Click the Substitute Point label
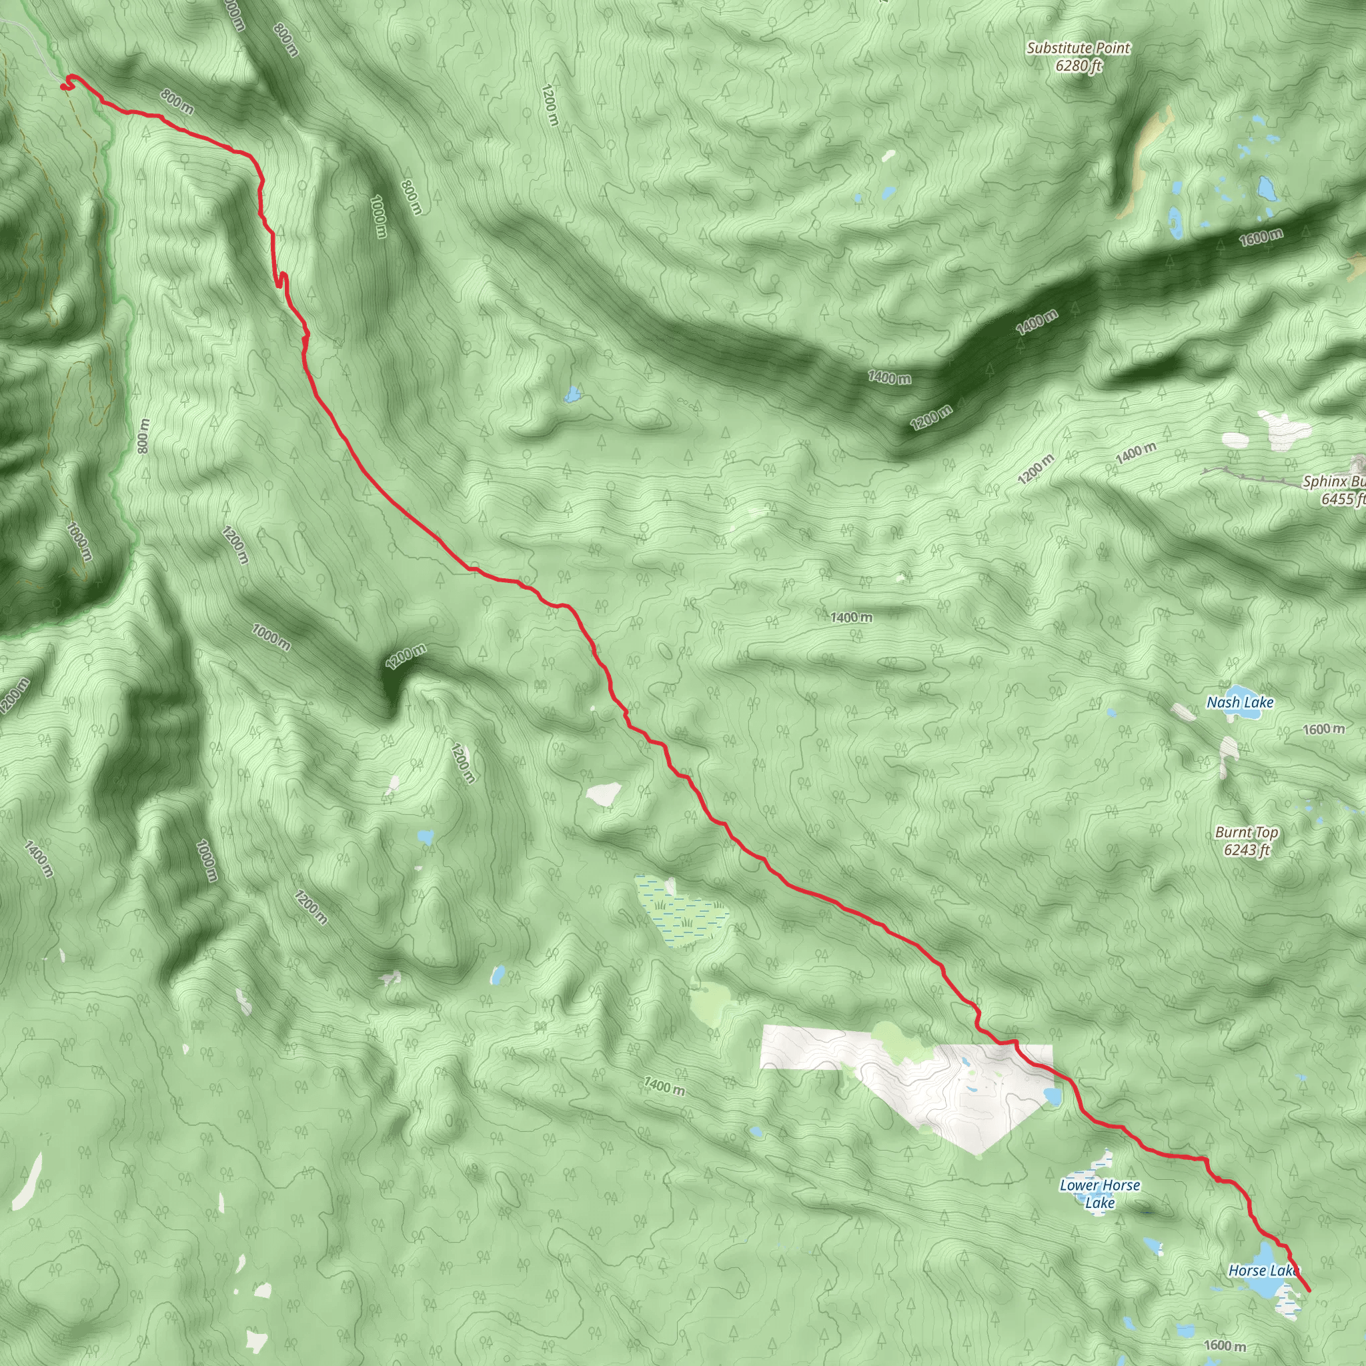[1078, 48]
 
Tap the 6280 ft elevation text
[1079, 66]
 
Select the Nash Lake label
[1239, 702]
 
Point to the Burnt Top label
[1246, 832]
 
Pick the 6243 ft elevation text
[1247, 850]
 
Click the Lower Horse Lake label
[1099, 1193]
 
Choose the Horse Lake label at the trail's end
[1263, 1271]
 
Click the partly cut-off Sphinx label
[1333, 482]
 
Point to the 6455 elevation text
[1341, 499]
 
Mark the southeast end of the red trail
[1309, 1291]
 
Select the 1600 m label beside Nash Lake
[1323, 729]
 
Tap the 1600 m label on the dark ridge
[1260, 237]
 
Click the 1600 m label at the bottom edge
[1224, 1345]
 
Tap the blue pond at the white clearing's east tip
[1052, 1097]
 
